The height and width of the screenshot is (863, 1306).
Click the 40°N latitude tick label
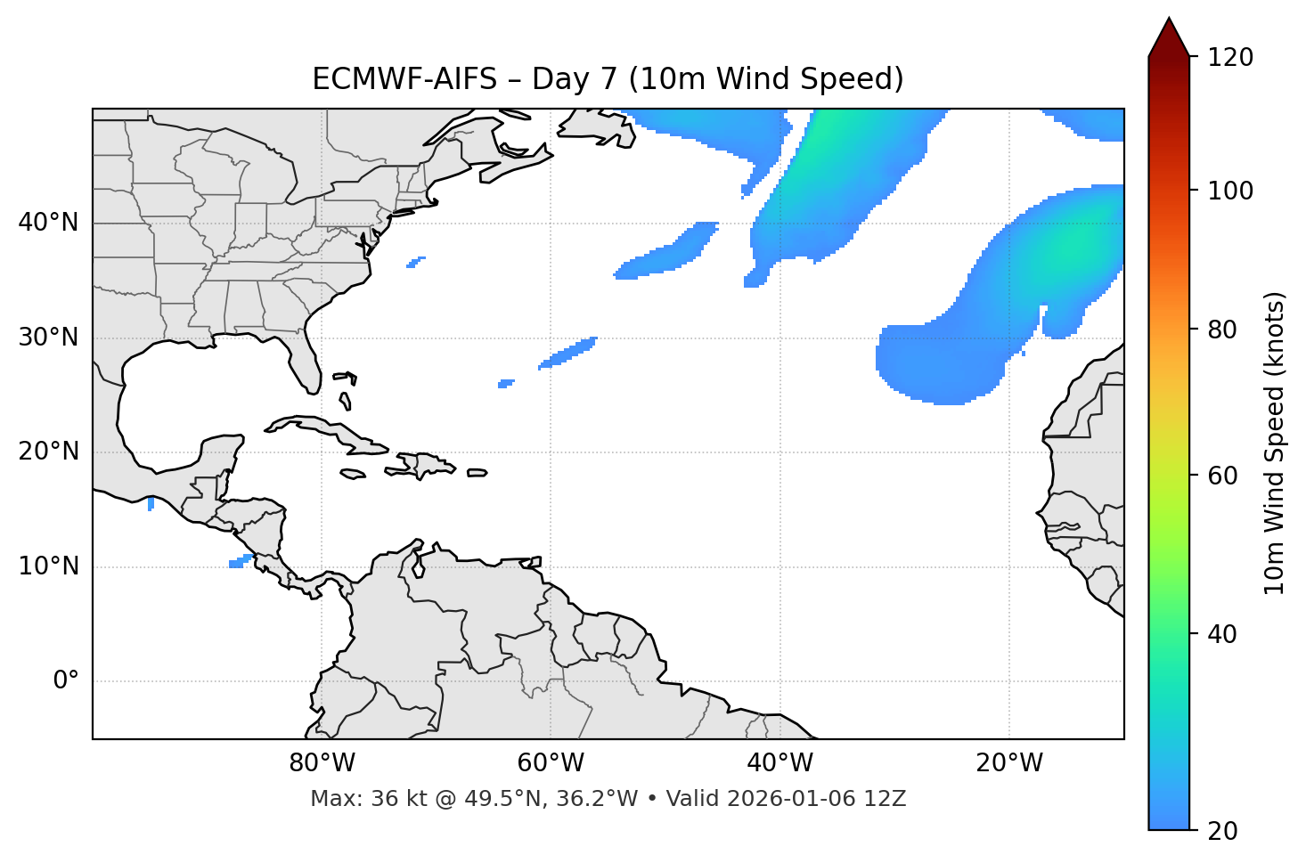pyautogui.click(x=48, y=223)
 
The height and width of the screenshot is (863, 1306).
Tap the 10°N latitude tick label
pyautogui.click(x=48, y=566)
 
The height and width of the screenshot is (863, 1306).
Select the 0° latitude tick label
pyautogui.click(x=66, y=681)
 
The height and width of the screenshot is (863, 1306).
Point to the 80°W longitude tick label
pyautogui.click(x=322, y=763)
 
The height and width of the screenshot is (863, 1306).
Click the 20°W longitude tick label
pyautogui.click(x=1009, y=763)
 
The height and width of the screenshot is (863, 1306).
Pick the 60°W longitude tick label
pyautogui.click(x=551, y=763)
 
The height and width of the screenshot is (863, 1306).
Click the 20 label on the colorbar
pyautogui.click(x=1222, y=831)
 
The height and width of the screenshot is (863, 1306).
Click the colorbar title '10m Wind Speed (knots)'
pyautogui.click(x=1275, y=443)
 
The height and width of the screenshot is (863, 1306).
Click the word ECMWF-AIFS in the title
pyautogui.click(x=404, y=79)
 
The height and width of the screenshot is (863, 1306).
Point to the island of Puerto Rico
pyautogui.click(x=477, y=473)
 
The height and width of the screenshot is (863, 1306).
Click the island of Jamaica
pyautogui.click(x=353, y=475)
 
